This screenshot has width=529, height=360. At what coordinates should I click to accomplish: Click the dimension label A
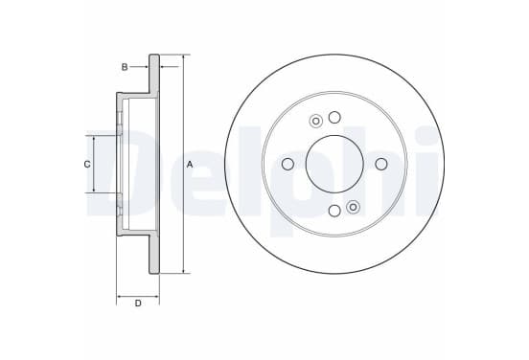coord(190,165)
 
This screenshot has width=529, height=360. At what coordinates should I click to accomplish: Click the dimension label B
coord(125,67)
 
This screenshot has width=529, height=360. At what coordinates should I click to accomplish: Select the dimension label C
coord(87,165)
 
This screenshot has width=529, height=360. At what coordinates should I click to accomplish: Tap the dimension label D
coord(138,304)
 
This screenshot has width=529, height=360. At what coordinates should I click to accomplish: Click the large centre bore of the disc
coord(334,164)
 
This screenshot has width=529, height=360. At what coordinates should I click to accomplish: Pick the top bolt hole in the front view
coord(334,118)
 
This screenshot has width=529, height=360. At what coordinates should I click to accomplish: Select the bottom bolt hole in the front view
coord(334,211)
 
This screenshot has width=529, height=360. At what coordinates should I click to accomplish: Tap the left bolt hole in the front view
coord(287,164)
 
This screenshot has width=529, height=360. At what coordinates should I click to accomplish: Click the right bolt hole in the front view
coord(381,164)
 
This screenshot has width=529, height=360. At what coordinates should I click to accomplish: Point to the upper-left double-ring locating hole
coord(316,121)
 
